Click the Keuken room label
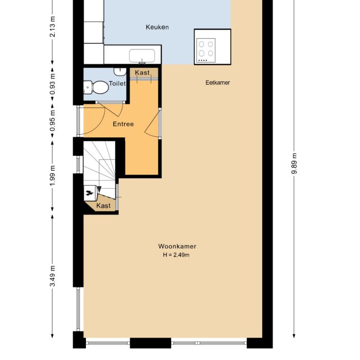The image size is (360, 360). (x=157, y=27)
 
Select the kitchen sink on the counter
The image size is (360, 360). (x=145, y=55)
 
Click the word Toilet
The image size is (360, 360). (x=117, y=83)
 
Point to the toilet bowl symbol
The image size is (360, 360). (x=97, y=87)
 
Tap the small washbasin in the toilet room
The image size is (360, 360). (x=120, y=70)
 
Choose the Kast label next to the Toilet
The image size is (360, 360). (x=142, y=73)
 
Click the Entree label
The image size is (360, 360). (x=123, y=124)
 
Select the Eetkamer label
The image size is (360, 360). (x=218, y=82)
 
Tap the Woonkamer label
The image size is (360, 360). (x=177, y=246)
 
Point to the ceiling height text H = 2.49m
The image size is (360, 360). (x=177, y=255)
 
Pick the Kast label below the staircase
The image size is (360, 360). (x=103, y=206)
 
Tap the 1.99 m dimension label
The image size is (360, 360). (x=53, y=176)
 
